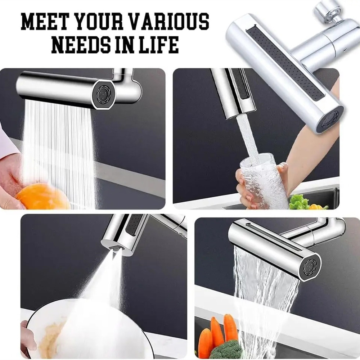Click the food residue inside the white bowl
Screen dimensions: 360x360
pyautogui.click(x=54, y=338)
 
